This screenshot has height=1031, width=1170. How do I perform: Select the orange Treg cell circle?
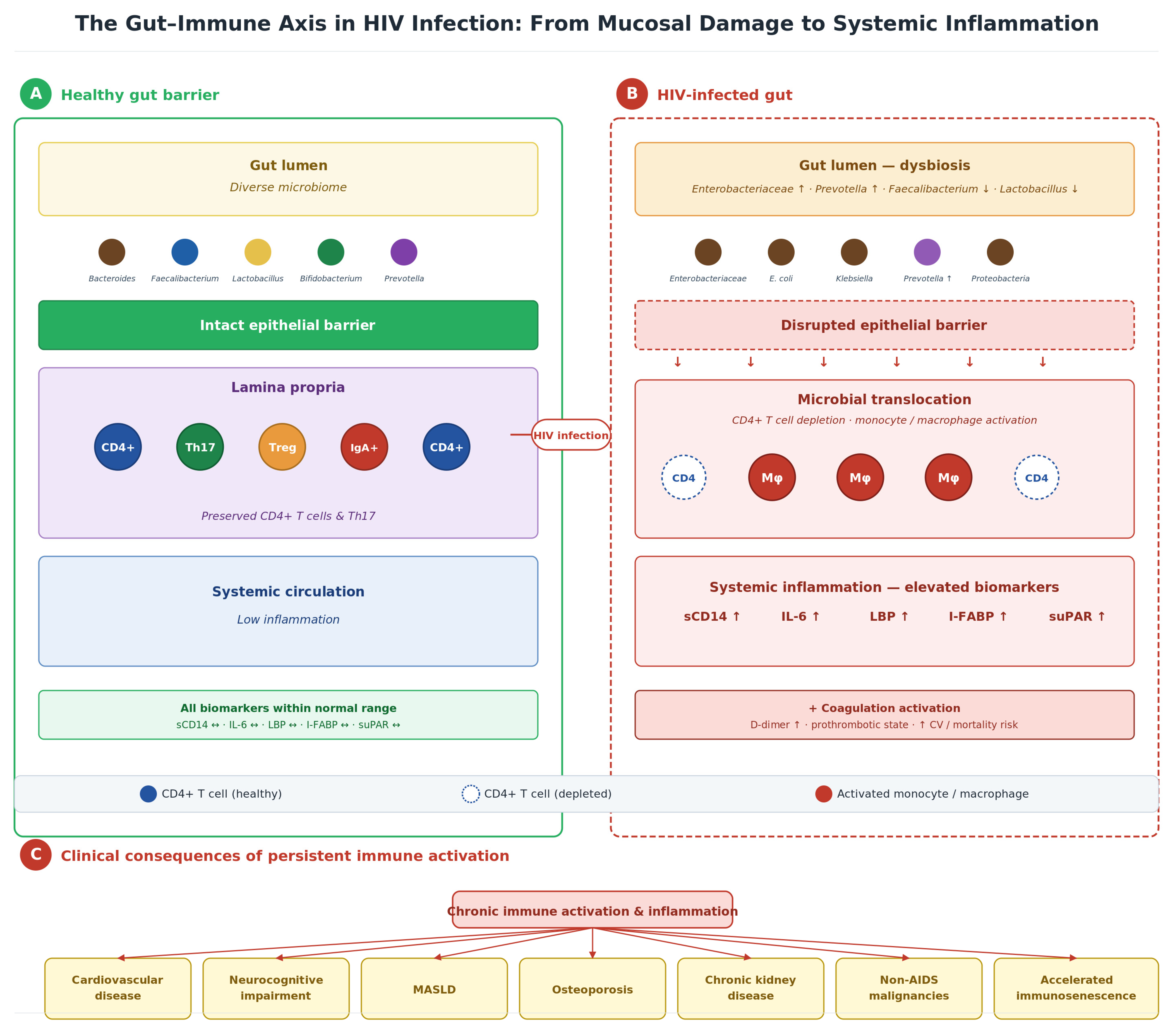(282, 447)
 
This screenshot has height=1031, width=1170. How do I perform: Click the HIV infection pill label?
(571, 435)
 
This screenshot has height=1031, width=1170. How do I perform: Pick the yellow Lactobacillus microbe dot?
(258, 252)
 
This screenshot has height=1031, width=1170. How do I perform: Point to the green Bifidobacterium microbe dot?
(331, 252)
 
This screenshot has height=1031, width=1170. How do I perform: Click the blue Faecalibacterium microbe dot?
(185, 252)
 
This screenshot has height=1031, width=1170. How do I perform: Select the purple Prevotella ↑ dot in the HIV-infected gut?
(927, 252)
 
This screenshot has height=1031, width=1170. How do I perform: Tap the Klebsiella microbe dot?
(854, 252)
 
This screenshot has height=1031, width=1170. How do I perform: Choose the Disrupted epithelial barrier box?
(884, 325)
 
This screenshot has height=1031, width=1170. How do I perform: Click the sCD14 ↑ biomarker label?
(712, 616)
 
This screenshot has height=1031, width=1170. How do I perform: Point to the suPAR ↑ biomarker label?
(1077, 616)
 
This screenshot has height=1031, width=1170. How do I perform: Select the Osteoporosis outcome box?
(593, 990)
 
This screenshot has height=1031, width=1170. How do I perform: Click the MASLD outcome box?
(435, 990)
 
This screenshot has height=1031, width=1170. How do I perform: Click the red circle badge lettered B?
(632, 94)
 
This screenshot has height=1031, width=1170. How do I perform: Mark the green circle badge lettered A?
(35, 94)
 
